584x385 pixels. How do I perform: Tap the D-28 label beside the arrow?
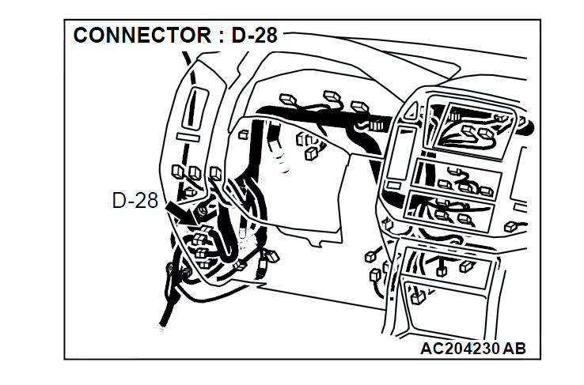[135, 201]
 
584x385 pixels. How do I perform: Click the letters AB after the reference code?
[514, 348]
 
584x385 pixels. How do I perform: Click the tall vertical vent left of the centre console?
[400, 150]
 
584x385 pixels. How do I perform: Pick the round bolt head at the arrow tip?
[203, 209]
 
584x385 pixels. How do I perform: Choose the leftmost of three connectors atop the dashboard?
[288, 102]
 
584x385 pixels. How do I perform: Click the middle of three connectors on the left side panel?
[195, 172]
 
